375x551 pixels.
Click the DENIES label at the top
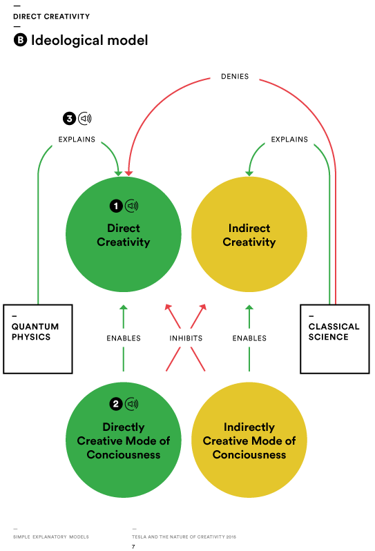235,76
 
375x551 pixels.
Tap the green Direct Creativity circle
124,234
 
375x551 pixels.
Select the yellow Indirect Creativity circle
249,234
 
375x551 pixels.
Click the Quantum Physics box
38,339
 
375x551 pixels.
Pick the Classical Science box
334,339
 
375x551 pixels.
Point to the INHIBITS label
186,338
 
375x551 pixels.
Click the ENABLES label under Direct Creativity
124,338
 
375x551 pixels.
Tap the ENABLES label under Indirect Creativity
249,338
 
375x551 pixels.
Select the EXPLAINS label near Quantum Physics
77,139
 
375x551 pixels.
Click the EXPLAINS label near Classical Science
289,139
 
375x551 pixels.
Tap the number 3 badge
69,119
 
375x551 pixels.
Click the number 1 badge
116,206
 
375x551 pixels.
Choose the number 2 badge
116,404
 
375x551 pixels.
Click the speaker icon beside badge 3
85,119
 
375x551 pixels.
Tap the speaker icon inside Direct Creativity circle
132,206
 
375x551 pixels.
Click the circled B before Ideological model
20,40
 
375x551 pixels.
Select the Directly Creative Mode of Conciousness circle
124,440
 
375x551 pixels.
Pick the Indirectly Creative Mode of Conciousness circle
249,440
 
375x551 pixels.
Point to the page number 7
133,546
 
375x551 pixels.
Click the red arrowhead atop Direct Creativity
128,173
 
